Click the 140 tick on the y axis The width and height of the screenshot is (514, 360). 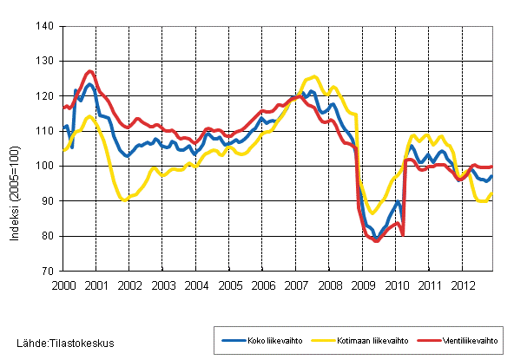(46, 27)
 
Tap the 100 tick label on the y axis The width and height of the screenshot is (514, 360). (46, 167)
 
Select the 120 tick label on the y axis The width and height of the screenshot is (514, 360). (46, 96)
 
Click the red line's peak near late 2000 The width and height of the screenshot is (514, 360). (90, 71)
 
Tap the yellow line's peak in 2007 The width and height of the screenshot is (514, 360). (313, 77)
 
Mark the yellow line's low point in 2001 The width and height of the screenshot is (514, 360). (124, 200)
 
